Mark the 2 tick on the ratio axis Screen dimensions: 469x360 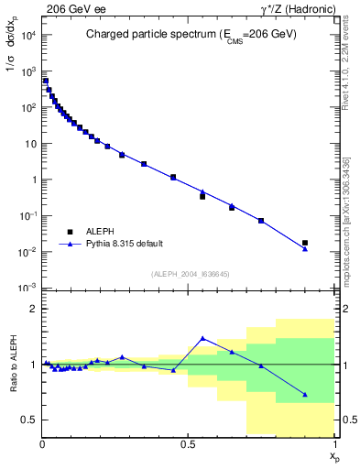(x=31, y=309)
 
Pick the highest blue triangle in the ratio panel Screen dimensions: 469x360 (x=202, y=338)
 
